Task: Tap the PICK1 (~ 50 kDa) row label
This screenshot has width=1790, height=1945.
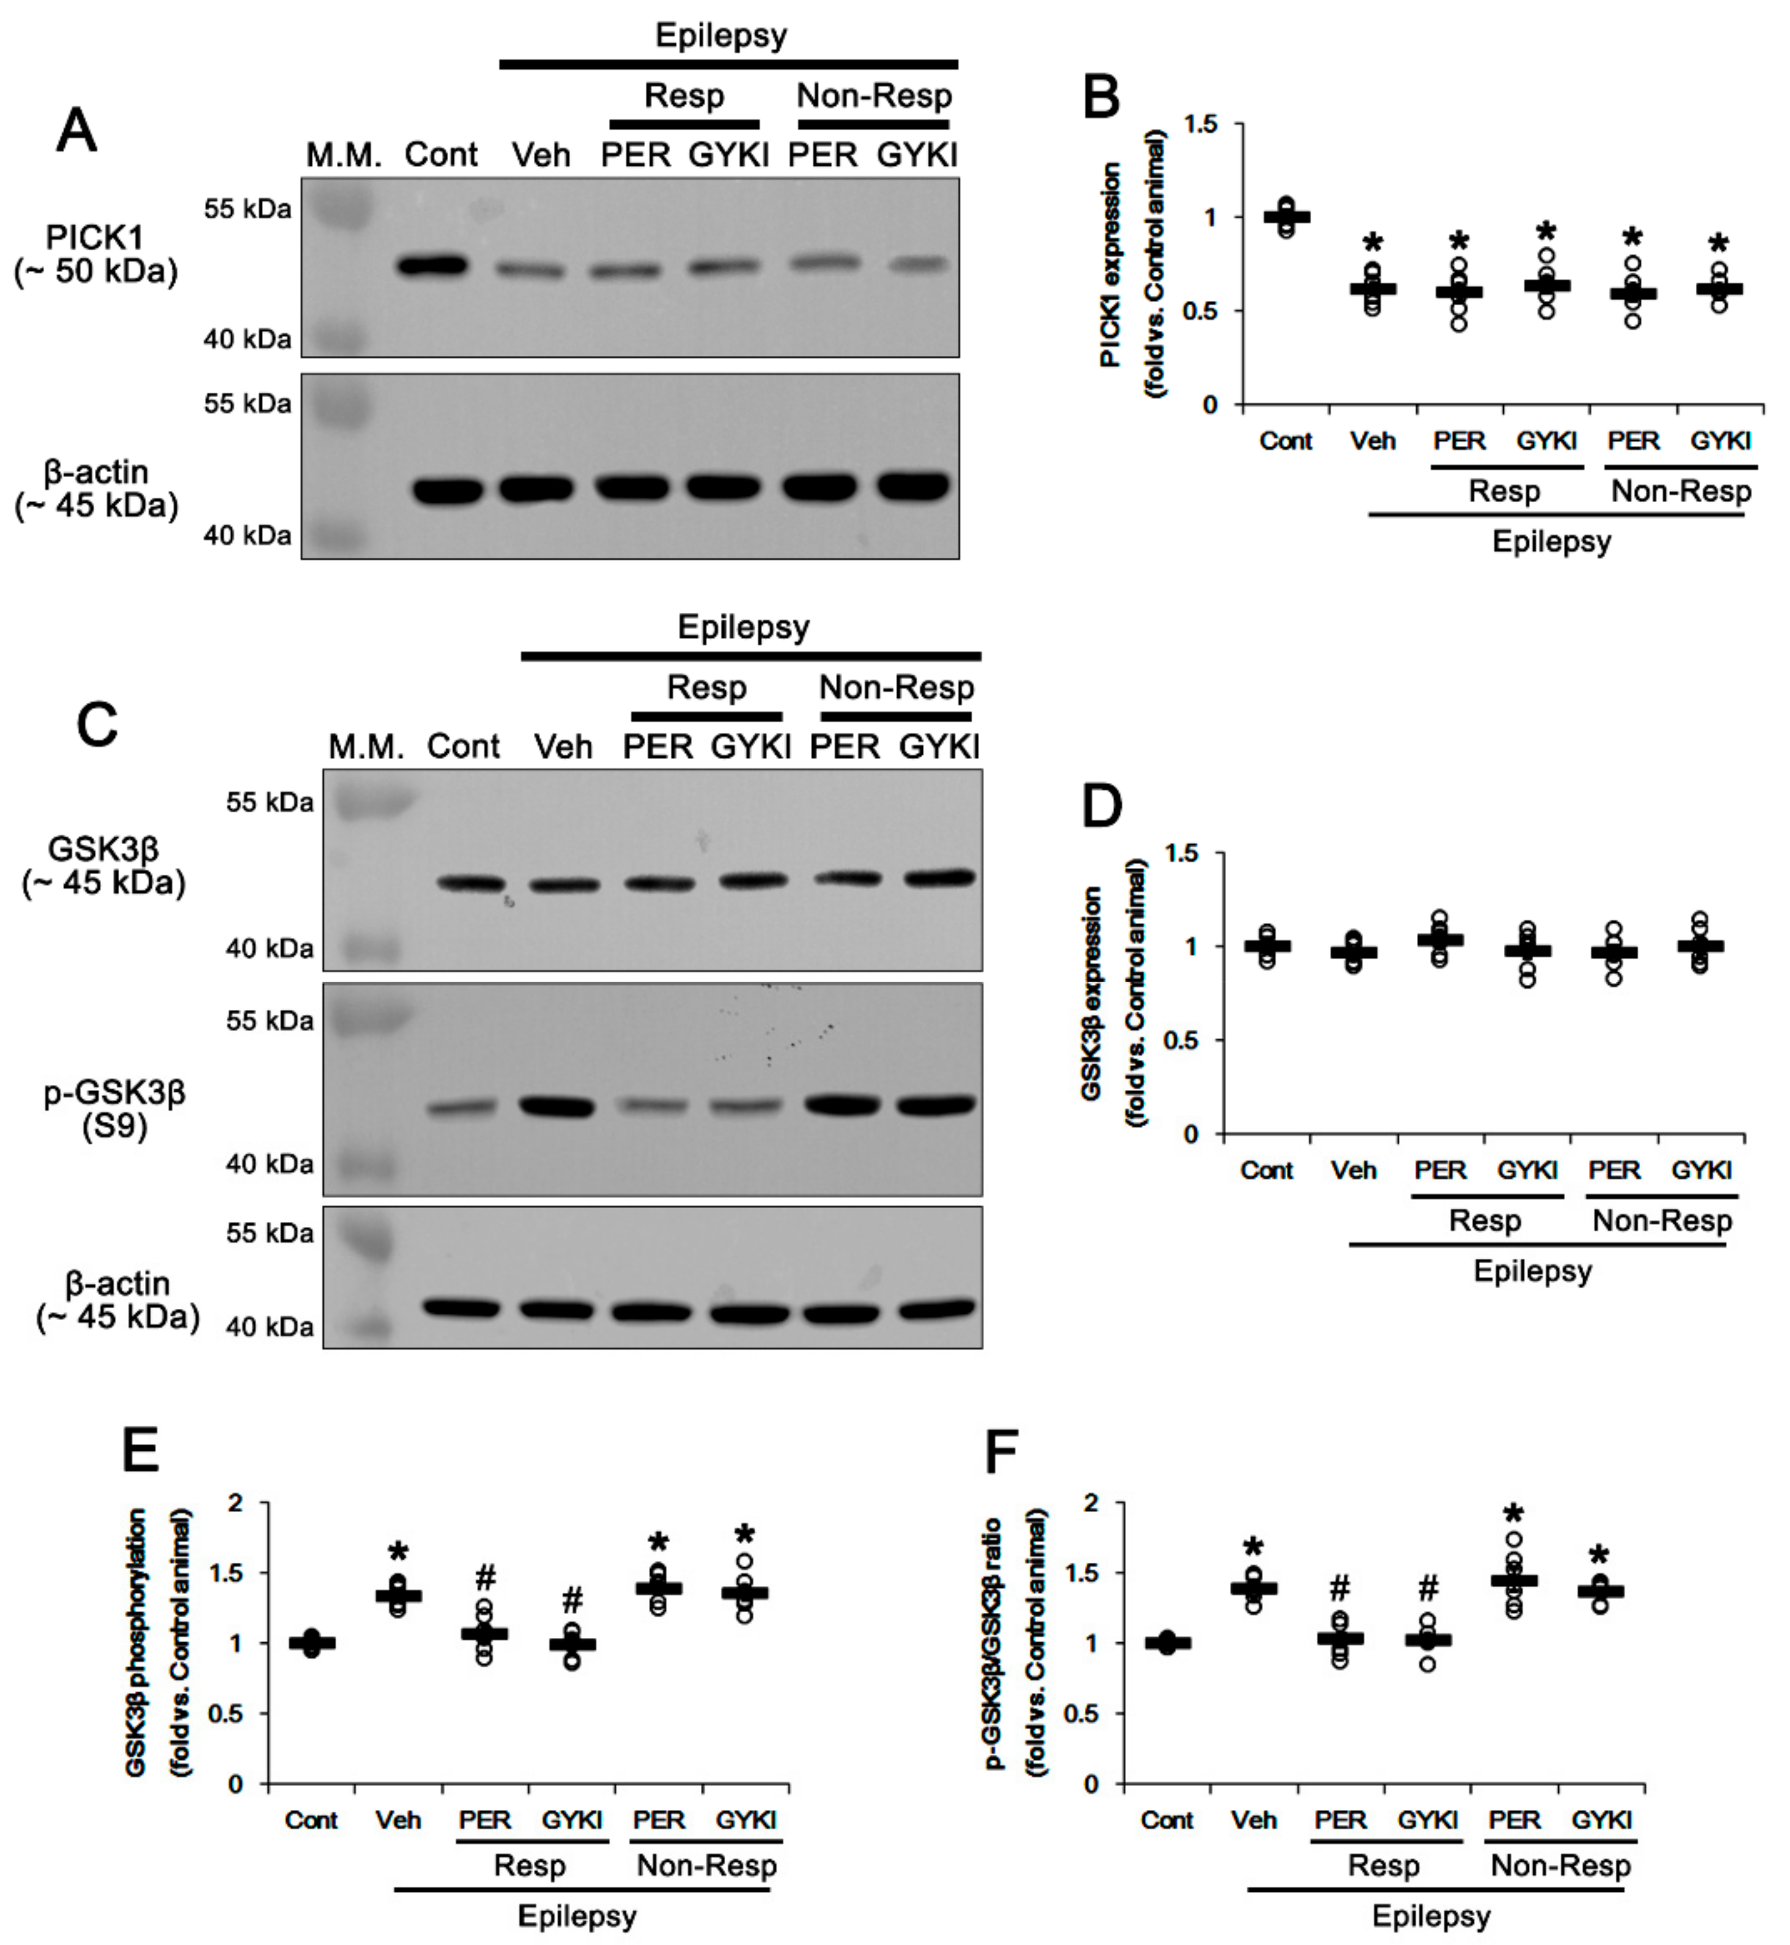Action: pos(95,254)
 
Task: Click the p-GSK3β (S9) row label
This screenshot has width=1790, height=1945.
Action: pos(114,1109)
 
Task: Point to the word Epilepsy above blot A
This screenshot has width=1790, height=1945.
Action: pos(720,36)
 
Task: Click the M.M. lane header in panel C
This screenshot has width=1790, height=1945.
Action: pos(366,747)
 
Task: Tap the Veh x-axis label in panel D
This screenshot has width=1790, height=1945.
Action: pos(1353,1170)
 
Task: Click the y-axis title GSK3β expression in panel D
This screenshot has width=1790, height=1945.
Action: pos(1092,993)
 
